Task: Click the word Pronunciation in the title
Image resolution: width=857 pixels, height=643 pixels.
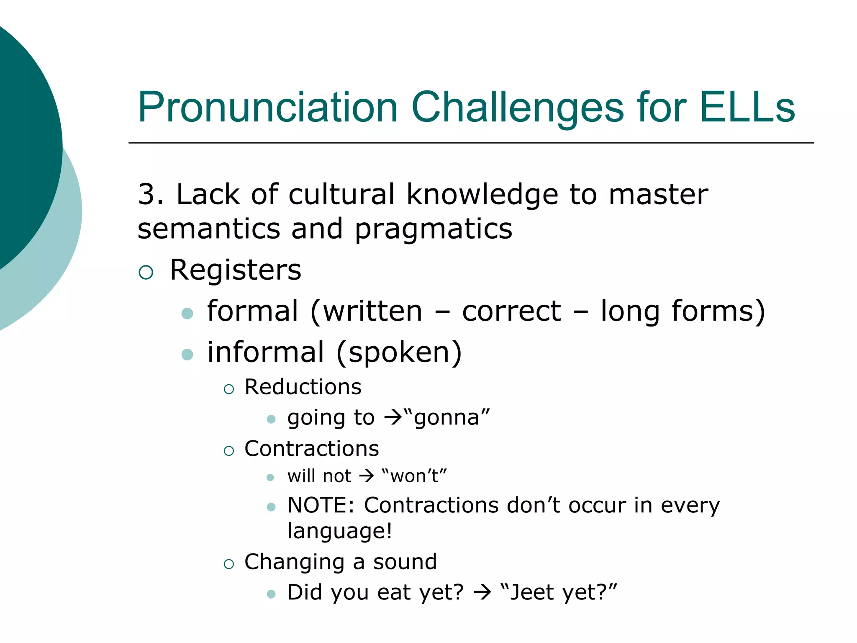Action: [x=268, y=108]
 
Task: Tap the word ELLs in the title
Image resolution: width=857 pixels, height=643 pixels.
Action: [x=747, y=108]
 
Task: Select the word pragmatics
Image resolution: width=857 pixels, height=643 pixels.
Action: [x=434, y=229]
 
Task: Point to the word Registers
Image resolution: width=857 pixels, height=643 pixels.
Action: [x=235, y=270]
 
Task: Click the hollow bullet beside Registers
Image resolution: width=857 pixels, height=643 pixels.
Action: [x=146, y=273]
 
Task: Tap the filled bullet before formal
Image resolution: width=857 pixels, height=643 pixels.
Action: [x=187, y=314]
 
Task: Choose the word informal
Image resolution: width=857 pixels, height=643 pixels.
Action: [x=266, y=352]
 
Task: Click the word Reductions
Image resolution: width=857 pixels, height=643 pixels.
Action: [x=303, y=387]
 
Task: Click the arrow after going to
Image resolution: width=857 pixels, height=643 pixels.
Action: [x=393, y=418]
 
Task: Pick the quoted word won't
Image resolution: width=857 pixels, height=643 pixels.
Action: [x=414, y=476]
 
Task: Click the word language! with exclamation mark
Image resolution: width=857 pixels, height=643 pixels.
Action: [x=340, y=531]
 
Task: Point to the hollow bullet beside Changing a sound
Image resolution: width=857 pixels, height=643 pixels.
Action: [x=228, y=564]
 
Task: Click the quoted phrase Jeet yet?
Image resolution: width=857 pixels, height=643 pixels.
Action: [x=559, y=592]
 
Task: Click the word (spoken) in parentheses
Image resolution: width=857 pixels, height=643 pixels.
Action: [x=399, y=352]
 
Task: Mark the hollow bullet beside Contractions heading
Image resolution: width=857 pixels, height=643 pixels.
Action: [x=228, y=451]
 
